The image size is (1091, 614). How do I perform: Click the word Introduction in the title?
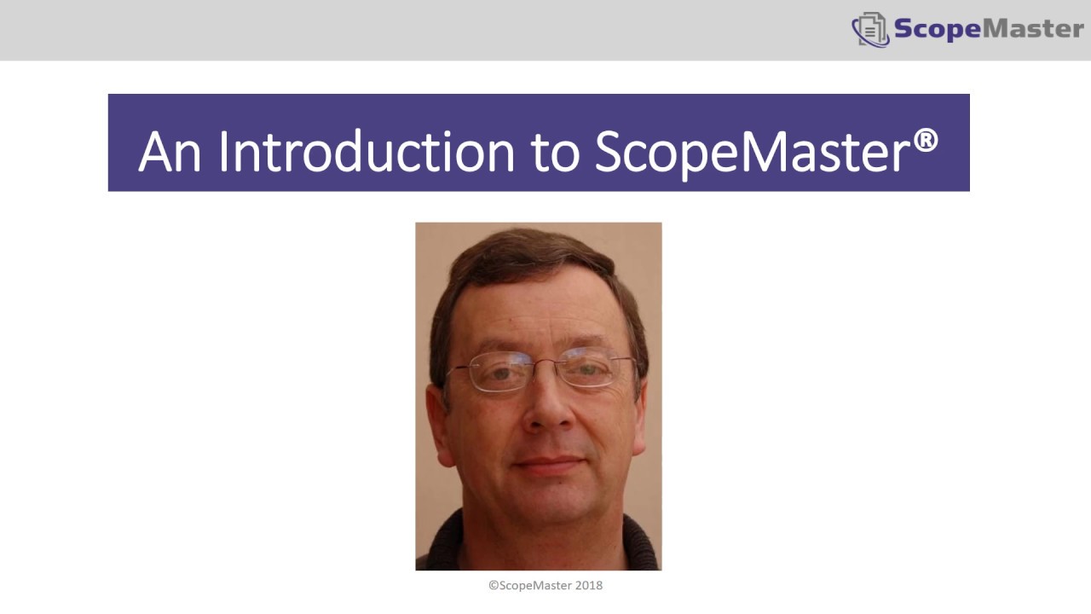[x=367, y=152]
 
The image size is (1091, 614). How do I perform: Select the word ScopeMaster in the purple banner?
[x=750, y=152]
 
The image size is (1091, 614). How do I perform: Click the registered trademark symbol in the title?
[x=926, y=141]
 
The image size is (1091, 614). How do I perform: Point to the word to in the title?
[x=555, y=153]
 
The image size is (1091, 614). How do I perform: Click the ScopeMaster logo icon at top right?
[x=870, y=30]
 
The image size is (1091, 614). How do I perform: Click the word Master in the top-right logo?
[x=1033, y=28]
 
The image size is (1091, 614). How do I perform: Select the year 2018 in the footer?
[x=589, y=586]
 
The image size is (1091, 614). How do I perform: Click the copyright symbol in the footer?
[x=493, y=586]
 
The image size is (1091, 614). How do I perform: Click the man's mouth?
[x=549, y=465]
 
